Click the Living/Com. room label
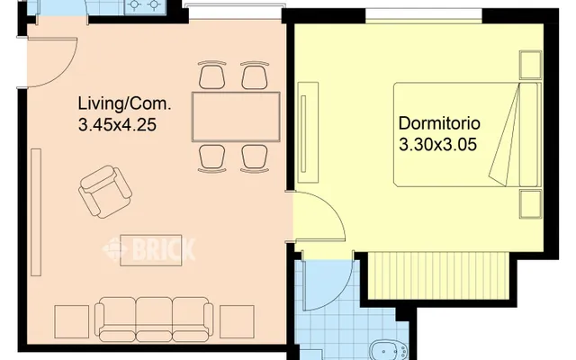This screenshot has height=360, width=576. point(124,103)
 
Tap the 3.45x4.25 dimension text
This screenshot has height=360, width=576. point(117,124)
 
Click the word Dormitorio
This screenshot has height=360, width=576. point(439,123)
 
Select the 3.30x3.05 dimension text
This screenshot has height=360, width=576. point(437,144)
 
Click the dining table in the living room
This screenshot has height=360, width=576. point(236,117)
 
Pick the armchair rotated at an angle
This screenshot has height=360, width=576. point(105,192)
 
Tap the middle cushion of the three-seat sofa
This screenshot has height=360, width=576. point(154,319)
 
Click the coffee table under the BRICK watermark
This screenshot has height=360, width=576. point(151,250)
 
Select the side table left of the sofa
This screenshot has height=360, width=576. point(72,322)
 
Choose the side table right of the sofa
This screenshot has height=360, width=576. point(237,322)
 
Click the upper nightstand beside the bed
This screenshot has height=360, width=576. point(530,65)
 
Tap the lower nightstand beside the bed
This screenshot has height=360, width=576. point(530,204)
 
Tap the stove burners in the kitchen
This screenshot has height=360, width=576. point(144,4)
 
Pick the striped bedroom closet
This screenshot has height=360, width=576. point(439,275)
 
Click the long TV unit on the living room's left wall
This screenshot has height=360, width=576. point(36,212)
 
